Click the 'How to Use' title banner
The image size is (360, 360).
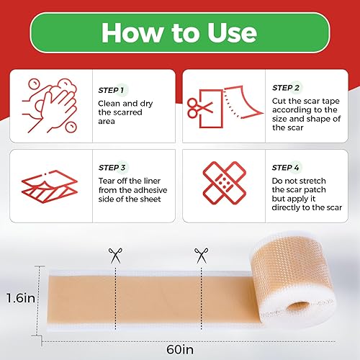(x=179, y=33)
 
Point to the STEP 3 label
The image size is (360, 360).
(x=113, y=167)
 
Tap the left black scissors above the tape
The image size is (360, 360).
(x=115, y=254)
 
